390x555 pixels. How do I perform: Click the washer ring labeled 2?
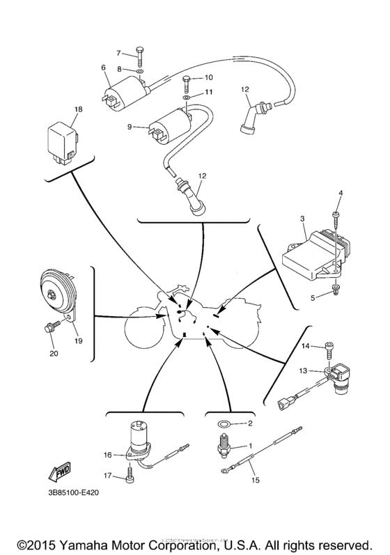click(x=221, y=423)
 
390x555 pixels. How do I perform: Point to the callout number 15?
click(x=255, y=480)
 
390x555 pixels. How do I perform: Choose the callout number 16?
click(x=107, y=455)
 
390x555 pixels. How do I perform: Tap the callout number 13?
click(x=304, y=370)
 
